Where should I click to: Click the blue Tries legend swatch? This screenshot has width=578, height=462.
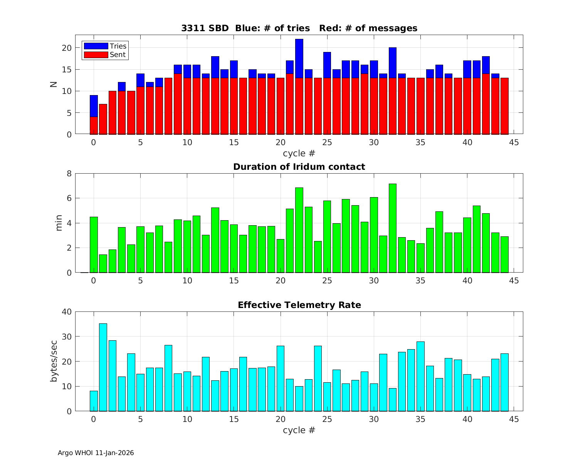pos(96,46)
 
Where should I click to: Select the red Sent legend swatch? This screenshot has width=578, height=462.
pos(96,55)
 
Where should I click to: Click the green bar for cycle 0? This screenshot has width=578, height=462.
pos(94,244)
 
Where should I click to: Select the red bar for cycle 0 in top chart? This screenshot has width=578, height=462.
pos(94,126)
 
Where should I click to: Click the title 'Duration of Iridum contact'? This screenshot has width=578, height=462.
pos(299,167)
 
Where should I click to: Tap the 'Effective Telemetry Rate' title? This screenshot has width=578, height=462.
pos(299,305)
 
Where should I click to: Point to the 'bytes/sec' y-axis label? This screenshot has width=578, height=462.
pos(54,361)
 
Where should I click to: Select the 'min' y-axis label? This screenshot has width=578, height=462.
pos(59,223)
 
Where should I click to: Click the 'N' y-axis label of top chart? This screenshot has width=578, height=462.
pos(54,85)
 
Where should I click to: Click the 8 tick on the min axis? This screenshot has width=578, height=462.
pos(69,173)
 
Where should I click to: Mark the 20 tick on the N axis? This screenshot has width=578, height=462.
pos(67,48)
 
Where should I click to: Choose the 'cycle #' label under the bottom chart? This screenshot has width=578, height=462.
pos(299,430)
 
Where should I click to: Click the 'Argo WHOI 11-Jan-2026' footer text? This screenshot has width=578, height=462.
pos(96,453)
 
